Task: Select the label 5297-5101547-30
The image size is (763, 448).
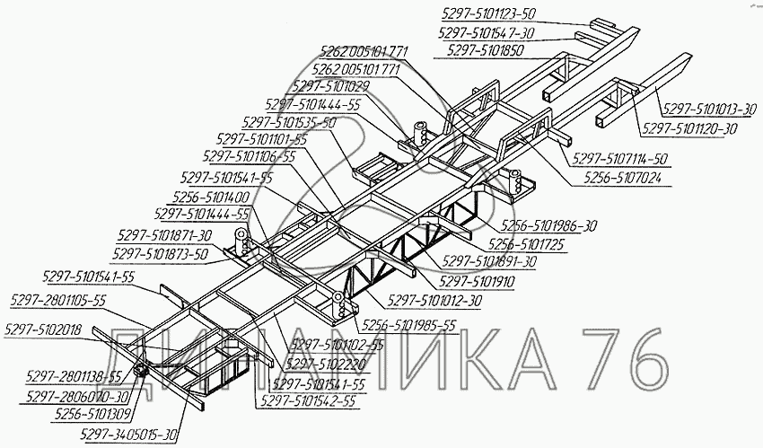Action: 488,31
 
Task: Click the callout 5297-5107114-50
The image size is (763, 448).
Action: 626,158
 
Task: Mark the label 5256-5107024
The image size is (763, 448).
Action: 628,179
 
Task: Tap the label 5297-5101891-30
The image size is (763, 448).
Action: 490,261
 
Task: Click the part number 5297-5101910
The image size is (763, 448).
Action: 476,280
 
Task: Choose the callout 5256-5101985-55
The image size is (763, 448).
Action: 406,325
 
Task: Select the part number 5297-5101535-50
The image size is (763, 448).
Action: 289,121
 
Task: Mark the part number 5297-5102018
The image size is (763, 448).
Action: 42,329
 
